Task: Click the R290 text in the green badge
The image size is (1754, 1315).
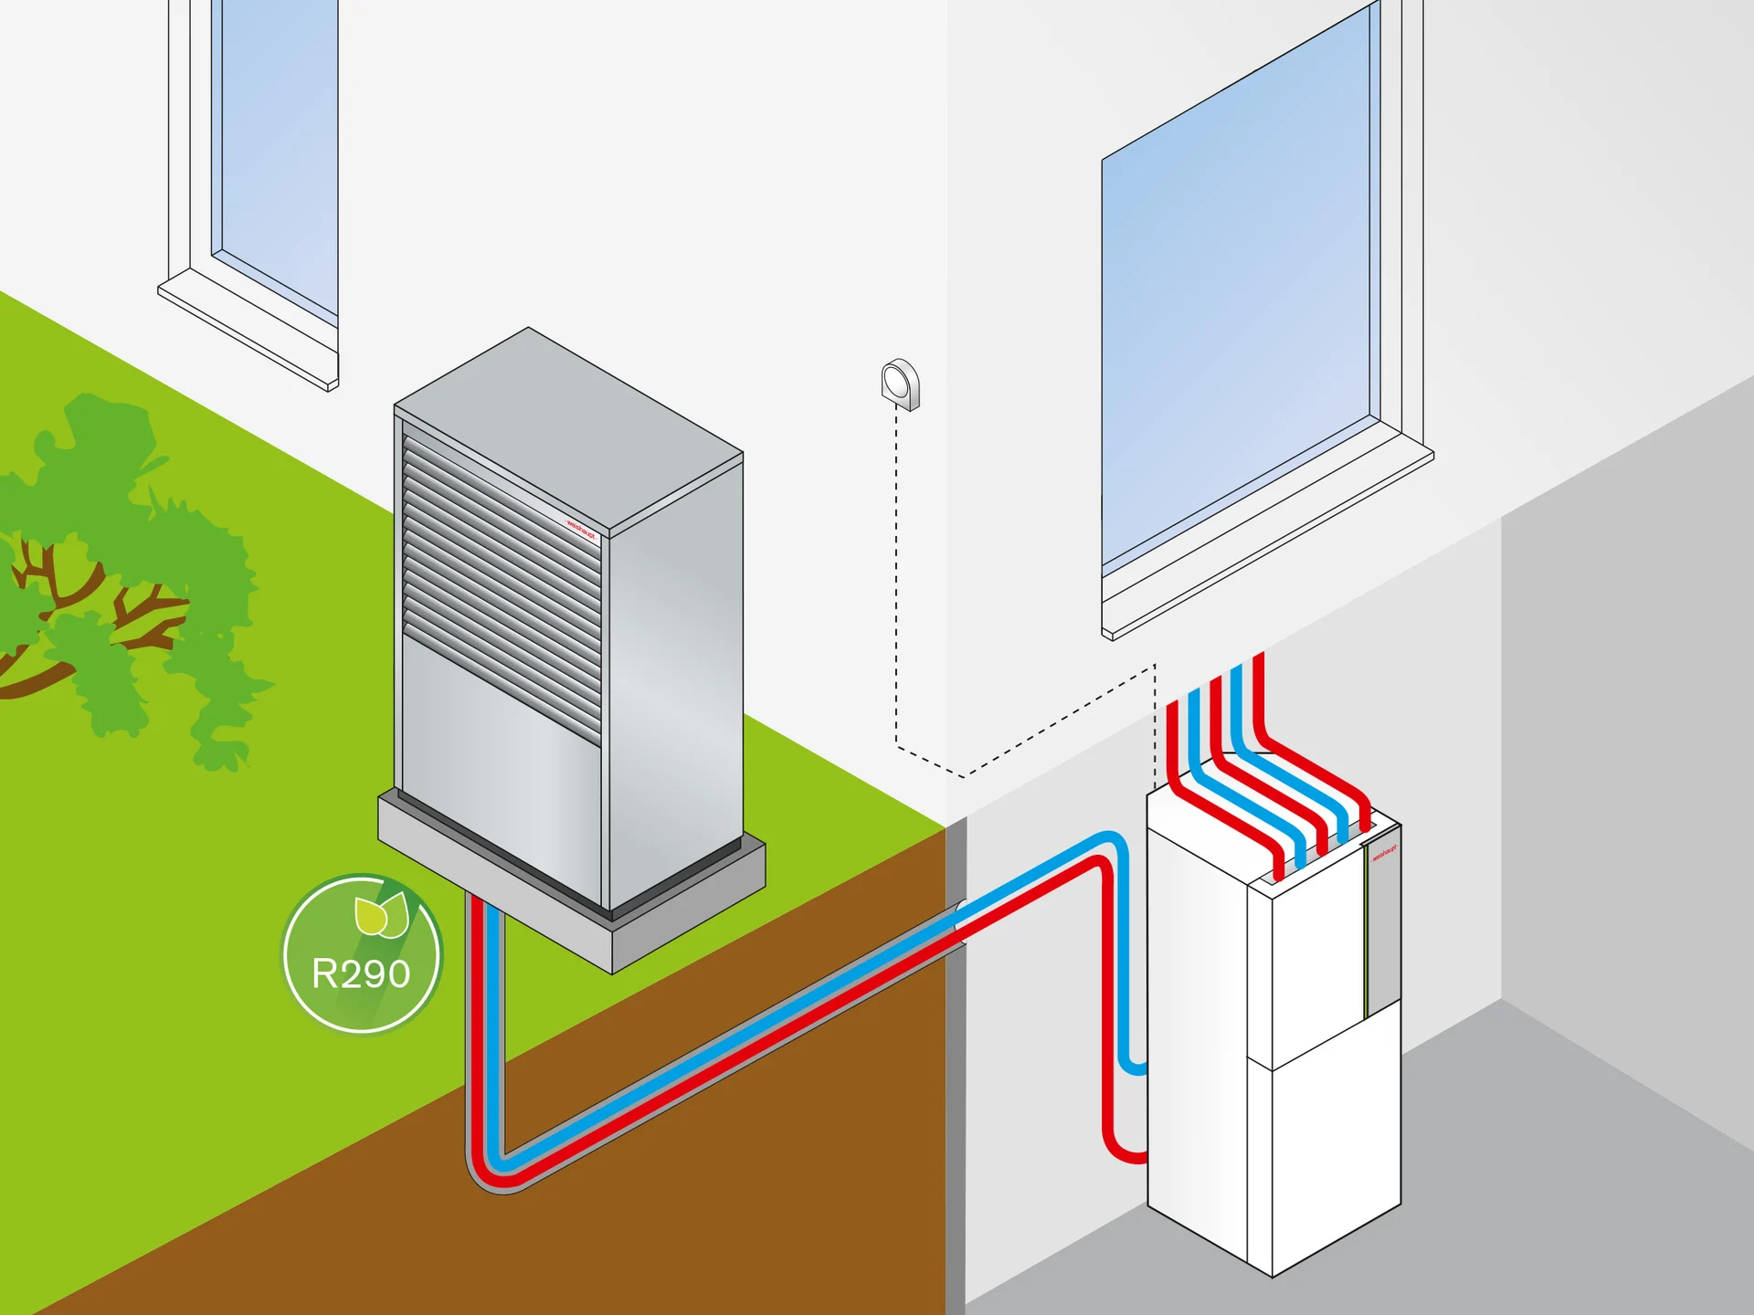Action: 362,974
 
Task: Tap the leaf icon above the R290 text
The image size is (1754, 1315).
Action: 380,916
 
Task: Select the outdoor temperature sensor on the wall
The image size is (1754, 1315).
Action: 900,384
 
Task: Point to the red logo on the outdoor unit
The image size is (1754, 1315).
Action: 581,529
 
